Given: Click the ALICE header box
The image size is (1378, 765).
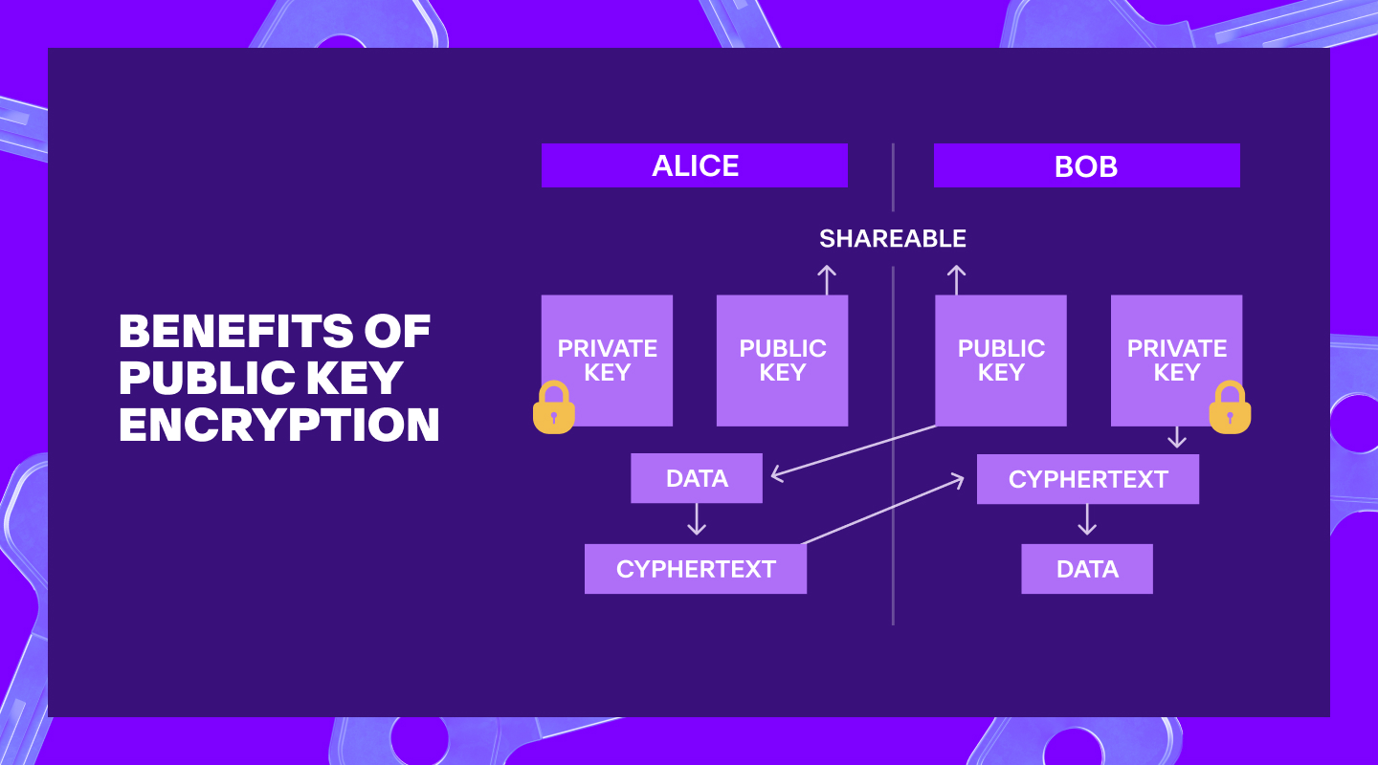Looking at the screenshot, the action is pos(695,165).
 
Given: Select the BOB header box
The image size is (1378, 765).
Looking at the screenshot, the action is pos(1087,165).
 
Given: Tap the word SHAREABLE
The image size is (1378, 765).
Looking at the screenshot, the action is pos(893,239).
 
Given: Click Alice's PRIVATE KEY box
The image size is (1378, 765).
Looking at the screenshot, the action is pos(607,361).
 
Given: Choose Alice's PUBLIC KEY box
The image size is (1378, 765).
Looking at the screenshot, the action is pos(783,361).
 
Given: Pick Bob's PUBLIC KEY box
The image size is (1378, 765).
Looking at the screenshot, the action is pos(1001,361).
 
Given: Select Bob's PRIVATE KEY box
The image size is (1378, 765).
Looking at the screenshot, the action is pos(1177,361).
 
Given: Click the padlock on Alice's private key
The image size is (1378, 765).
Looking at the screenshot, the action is pos(554,407).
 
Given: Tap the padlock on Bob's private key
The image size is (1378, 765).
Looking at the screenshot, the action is pos(1230,407).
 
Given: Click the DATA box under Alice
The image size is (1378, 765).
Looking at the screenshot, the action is pos(697,478).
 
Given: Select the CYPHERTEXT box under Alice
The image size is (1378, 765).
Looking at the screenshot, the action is pos(696,569).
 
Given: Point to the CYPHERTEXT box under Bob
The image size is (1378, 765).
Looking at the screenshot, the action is pos(1088,479).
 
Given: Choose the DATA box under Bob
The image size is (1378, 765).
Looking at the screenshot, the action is pos(1087,569).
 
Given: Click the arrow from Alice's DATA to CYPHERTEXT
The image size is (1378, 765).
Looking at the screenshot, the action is pos(697,519).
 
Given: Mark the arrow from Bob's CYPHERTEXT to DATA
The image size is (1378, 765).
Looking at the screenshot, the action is pos(1087,519).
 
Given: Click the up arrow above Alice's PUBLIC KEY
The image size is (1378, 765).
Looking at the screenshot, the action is pos(827,280).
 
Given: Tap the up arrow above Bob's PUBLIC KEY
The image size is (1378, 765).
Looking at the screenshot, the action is pos(956,280).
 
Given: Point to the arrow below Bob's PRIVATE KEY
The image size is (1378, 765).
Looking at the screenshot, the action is pos(1177,437).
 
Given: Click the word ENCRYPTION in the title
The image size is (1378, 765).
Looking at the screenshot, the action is pos(279,425).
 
